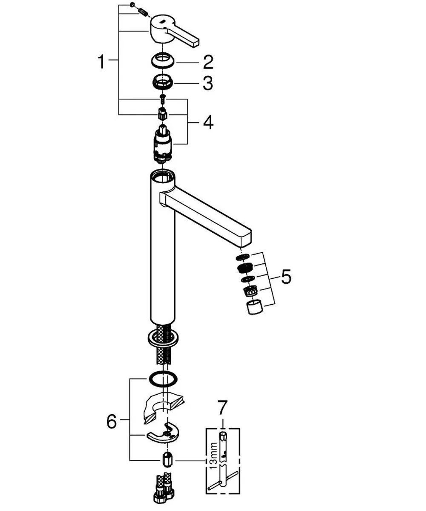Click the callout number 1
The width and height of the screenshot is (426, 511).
(x=102, y=62)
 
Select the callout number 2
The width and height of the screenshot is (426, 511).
(x=208, y=62)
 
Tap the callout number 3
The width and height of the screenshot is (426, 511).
(x=208, y=83)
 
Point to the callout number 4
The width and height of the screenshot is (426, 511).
(x=208, y=122)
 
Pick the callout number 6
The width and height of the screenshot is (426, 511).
(x=112, y=422)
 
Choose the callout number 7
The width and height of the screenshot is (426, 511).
(x=222, y=408)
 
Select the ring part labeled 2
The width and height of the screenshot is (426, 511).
(x=163, y=61)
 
